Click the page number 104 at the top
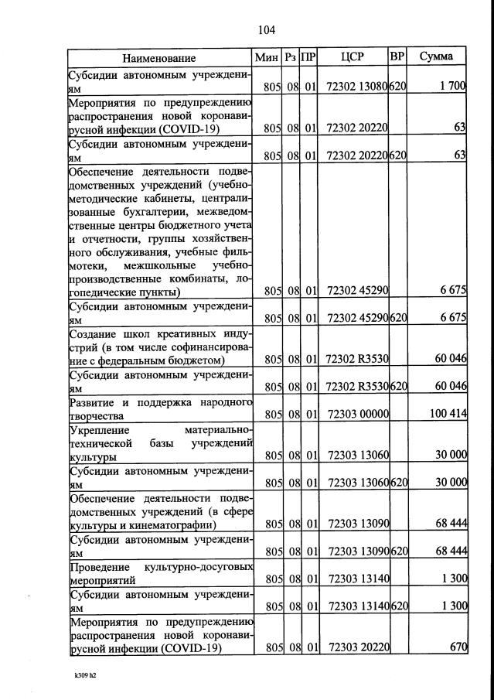click(x=266, y=30)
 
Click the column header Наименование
click(x=158, y=58)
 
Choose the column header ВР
click(x=397, y=57)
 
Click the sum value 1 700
click(x=451, y=87)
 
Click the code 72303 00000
click(x=357, y=415)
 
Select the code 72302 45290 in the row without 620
click(x=357, y=292)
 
